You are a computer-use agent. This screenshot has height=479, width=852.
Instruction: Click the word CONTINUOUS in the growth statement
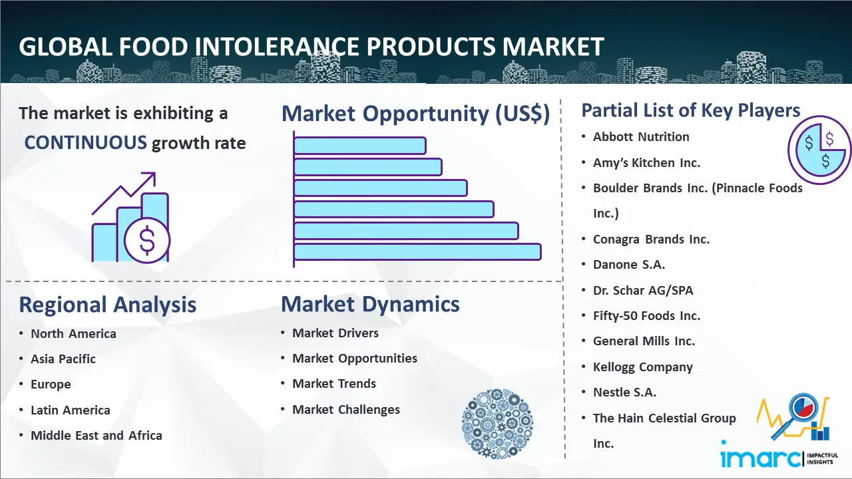pos(86,143)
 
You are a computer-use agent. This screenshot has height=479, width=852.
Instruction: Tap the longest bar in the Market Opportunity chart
pos(417,251)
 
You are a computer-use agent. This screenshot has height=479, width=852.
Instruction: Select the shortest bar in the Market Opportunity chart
pos(360,146)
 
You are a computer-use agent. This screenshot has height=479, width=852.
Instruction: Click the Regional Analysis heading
pos(108,305)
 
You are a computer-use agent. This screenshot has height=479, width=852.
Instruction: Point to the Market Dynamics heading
pos(370,304)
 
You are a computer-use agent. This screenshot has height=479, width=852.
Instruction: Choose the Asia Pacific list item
pos(63,359)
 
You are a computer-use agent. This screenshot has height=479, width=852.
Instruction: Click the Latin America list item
pos(71,410)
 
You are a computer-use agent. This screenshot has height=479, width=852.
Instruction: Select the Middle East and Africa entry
pos(97,435)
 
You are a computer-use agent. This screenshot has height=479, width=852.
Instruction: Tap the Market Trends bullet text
pos(334,384)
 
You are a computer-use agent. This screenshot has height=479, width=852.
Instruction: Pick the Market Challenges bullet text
pos(346,409)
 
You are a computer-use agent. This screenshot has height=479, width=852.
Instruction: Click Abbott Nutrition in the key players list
pos(641,137)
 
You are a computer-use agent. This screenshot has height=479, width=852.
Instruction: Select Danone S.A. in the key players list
pos(629,265)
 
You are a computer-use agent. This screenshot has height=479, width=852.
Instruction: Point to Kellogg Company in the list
pos(643,367)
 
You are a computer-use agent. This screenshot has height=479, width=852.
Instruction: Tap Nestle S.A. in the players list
pos(624,393)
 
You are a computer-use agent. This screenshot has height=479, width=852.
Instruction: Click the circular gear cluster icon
pos(497,424)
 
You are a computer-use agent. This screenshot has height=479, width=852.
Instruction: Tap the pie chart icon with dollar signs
pos(819,150)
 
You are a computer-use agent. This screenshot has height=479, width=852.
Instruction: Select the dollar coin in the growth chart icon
pos(147,240)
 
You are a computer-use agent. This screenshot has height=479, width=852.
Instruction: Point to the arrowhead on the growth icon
pos(150,178)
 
